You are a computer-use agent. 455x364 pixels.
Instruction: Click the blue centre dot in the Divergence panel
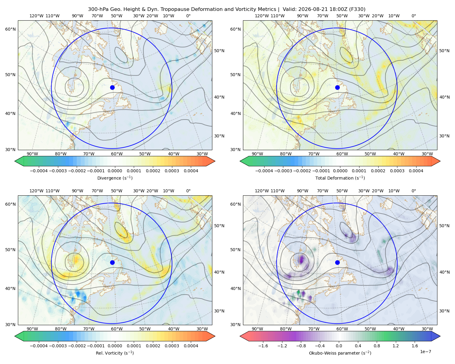pos(112,87)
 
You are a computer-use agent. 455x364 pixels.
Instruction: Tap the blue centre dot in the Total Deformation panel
pos(337,87)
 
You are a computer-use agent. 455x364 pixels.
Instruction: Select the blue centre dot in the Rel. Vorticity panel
pos(112,262)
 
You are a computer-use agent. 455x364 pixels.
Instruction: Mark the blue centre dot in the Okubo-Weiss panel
pos(337,262)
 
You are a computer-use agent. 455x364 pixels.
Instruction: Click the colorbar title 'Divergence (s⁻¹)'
pos(115,178)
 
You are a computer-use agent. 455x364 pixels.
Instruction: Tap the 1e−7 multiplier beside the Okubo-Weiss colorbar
pos(425,352)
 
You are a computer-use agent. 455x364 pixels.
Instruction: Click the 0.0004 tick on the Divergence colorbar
pos(191,171)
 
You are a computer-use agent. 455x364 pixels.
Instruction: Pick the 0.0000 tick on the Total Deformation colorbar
pos(340,171)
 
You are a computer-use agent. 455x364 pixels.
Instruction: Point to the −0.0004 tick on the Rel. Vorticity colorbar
pos(39,345)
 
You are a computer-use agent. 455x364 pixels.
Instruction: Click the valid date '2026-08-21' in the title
pos(311,9)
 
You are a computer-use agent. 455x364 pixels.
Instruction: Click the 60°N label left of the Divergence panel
pos(10,29)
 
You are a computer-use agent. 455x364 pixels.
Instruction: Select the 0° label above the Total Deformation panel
pos(413,16)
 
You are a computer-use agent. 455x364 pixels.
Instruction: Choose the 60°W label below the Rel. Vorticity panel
pos(117,329)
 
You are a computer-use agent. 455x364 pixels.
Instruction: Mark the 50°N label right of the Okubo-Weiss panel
pos(444,226)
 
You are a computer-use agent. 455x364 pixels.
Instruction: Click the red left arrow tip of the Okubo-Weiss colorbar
pos(240,336)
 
